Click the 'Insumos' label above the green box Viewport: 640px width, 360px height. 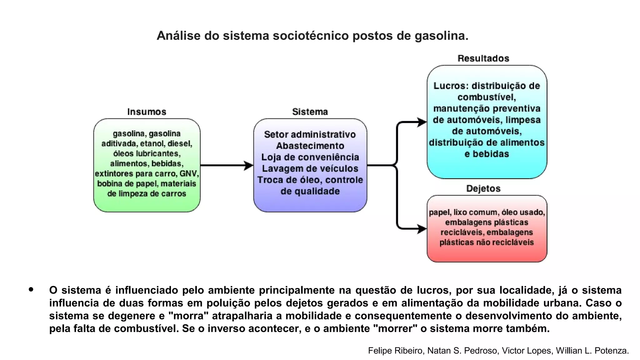click(147, 112)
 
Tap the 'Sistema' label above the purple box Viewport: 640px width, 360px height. click(310, 112)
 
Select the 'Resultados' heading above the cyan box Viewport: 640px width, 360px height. click(483, 58)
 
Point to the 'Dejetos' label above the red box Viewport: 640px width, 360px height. click(483, 188)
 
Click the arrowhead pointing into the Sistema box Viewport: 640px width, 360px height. click(249, 165)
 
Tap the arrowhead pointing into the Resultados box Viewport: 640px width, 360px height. click(422, 122)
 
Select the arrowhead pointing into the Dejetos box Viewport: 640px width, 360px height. click(422, 229)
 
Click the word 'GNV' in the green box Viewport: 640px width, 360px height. click(189, 173)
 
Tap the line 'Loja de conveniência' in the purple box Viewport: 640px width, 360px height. click(310, 157)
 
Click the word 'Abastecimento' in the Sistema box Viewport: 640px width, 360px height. click(310, 146)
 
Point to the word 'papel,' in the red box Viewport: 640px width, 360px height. click(440, 212)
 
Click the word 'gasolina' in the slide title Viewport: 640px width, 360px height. click(441, 36)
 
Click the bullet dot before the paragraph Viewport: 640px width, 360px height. click(31, 290)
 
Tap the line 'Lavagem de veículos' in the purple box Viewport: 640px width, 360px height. click(310, 169)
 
